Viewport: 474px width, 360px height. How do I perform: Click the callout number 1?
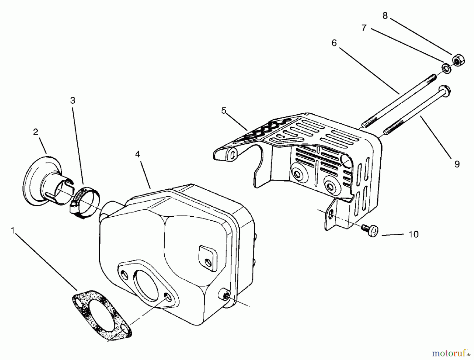tap(12, 230)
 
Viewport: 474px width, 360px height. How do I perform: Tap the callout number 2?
tap(36, 132)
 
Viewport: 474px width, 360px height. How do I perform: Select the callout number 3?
tap(73, 100)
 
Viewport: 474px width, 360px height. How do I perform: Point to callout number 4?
tap(137, 154)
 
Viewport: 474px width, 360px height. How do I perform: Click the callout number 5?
tap(224, 111)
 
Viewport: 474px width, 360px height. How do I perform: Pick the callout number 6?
tap(334, 43)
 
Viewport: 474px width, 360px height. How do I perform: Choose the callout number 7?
tap(364, 28)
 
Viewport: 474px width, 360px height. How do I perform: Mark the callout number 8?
tap(385, 16)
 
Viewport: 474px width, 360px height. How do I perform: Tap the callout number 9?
tap(457, 164)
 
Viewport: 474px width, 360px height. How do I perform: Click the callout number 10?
tap(414, 234)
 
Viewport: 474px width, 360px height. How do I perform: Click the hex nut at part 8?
tap(458, 60)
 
